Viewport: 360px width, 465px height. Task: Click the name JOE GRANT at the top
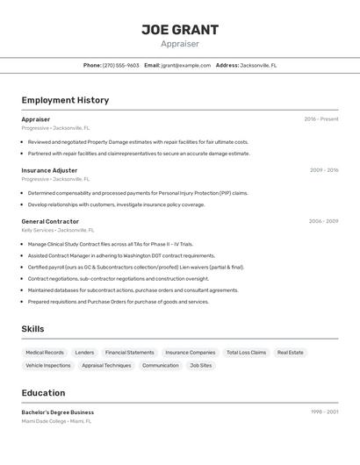tap(179, 30)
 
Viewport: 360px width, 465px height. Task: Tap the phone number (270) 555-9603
tap(120, 66)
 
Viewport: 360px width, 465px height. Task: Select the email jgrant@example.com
tap(185, 66)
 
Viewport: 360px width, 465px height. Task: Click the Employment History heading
tap(65, 100)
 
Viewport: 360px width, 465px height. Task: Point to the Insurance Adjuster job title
tap(49, 170)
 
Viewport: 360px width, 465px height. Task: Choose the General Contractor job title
tap(50, 221)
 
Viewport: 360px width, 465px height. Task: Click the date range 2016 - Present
tap(320, 119)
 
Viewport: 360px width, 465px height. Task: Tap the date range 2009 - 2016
tap(323, 170)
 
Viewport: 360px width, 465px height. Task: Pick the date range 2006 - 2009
tap(323, 221)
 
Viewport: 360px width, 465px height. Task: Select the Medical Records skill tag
tap(45, 353)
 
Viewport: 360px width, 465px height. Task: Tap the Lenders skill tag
tap(84, 353)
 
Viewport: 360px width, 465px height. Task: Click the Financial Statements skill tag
tap(129, 353)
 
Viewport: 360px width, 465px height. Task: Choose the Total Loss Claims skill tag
tap(246, 353)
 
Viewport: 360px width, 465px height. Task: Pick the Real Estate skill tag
tap(291, 353)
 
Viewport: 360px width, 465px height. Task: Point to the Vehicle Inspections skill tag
tap(48, 365)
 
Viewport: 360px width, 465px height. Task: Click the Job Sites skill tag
tap(201, 365)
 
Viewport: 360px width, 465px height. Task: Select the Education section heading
tap(44, 393)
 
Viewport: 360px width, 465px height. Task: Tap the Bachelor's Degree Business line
tap(58, 412)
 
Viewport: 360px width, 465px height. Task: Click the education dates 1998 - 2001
tap(324, 412)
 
